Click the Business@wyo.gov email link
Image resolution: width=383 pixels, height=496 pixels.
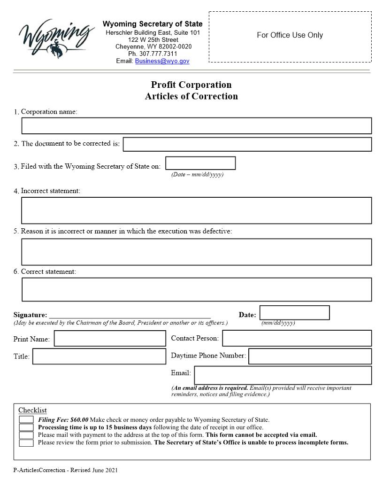162,61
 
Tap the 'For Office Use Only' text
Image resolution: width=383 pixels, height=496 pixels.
290,35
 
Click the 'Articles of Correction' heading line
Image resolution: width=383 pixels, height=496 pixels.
191,96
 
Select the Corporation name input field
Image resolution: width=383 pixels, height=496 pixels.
196,126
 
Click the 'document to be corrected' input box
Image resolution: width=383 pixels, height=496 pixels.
247,144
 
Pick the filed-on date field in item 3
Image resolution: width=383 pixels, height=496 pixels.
200,163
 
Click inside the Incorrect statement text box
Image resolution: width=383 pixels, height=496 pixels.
196,210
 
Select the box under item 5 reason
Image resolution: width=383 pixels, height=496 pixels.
196,252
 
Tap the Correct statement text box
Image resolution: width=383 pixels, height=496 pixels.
196,289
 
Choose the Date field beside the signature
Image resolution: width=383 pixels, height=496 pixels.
294,313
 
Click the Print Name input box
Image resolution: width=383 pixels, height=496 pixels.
110,339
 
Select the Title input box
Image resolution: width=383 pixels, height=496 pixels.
99,356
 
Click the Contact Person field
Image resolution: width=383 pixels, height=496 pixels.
297,338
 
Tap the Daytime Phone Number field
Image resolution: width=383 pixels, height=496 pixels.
310,356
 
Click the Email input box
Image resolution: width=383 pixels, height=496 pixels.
283,375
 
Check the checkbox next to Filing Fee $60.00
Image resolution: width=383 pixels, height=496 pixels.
26,419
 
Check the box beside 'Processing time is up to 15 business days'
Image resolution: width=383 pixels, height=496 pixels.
26,427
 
